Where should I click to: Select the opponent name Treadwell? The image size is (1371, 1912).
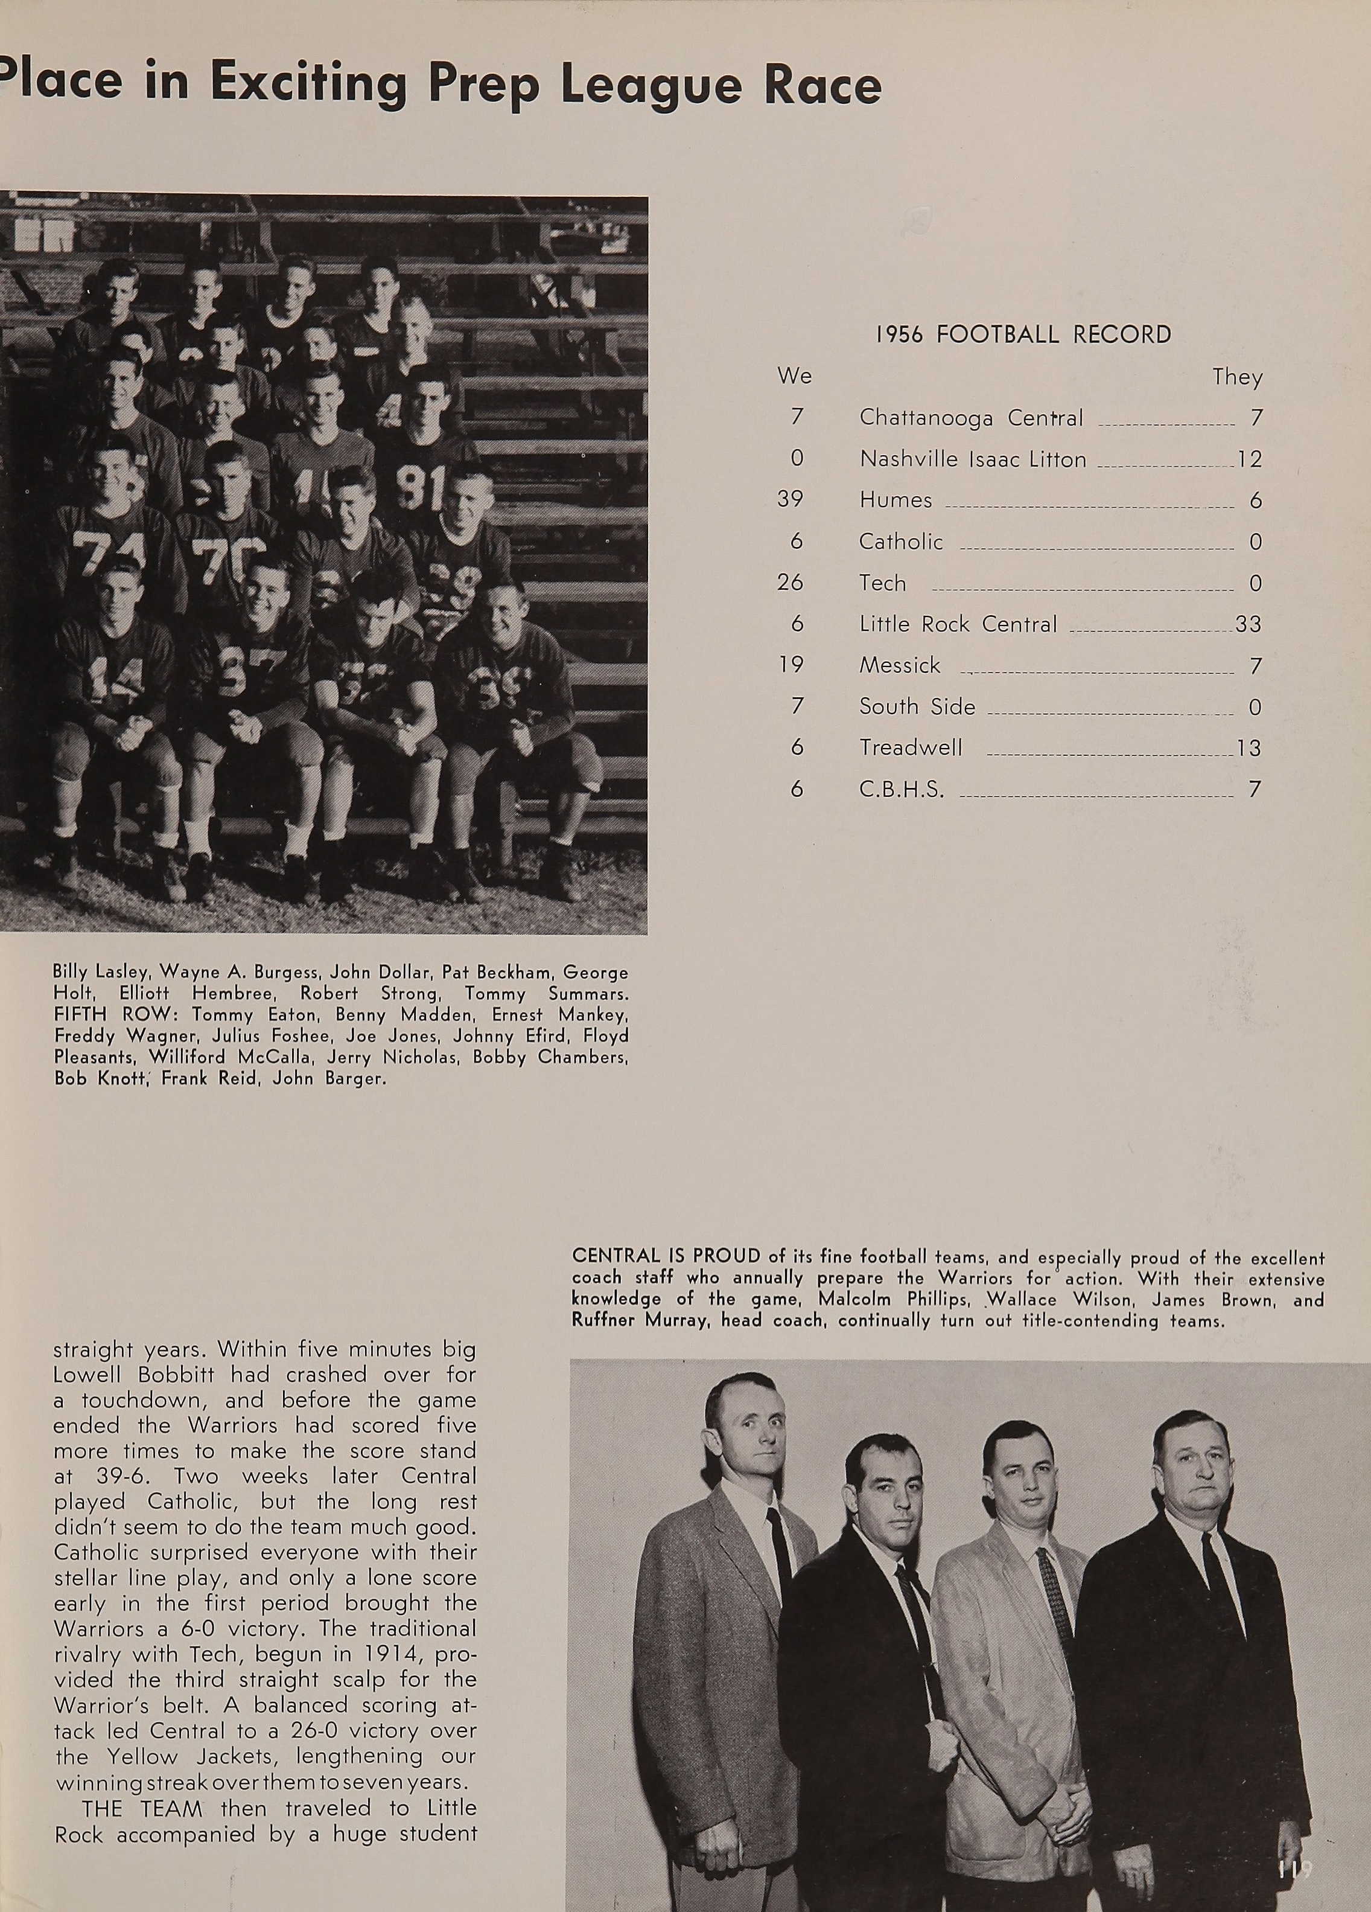(x=910, y=748)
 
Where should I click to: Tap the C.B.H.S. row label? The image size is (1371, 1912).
(x=901, y=790)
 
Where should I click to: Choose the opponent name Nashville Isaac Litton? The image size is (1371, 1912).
(x=972, y=459)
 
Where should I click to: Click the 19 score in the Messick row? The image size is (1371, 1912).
(x=790, y=665)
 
